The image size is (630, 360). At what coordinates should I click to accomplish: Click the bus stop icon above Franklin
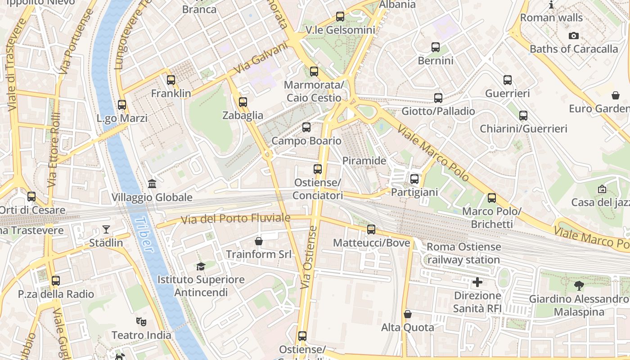171,80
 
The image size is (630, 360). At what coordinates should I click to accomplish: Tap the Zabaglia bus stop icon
243,102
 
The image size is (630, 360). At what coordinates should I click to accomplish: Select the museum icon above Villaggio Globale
152,184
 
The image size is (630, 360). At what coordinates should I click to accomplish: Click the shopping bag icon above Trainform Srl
259,241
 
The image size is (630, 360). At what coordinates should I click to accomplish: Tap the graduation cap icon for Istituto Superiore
201,266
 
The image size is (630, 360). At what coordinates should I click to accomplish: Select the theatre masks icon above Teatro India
141,322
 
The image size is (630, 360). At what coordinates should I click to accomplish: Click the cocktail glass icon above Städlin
106,229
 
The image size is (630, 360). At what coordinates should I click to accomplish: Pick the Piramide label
364,161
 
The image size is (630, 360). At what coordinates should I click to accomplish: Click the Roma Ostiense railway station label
463,253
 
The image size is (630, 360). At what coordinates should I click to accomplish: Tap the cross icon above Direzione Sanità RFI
477,283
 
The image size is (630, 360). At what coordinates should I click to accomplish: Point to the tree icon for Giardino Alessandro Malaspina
579,285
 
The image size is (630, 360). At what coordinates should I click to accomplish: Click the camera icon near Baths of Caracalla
574,36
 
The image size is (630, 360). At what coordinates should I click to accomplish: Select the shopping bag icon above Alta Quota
408,314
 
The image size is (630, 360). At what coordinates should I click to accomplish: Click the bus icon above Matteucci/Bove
371,229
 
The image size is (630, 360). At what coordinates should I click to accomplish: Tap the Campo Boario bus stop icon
306,127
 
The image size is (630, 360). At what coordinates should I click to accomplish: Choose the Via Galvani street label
261,58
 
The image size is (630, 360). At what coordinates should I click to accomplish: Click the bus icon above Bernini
436,47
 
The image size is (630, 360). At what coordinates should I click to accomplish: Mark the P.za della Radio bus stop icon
56,281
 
